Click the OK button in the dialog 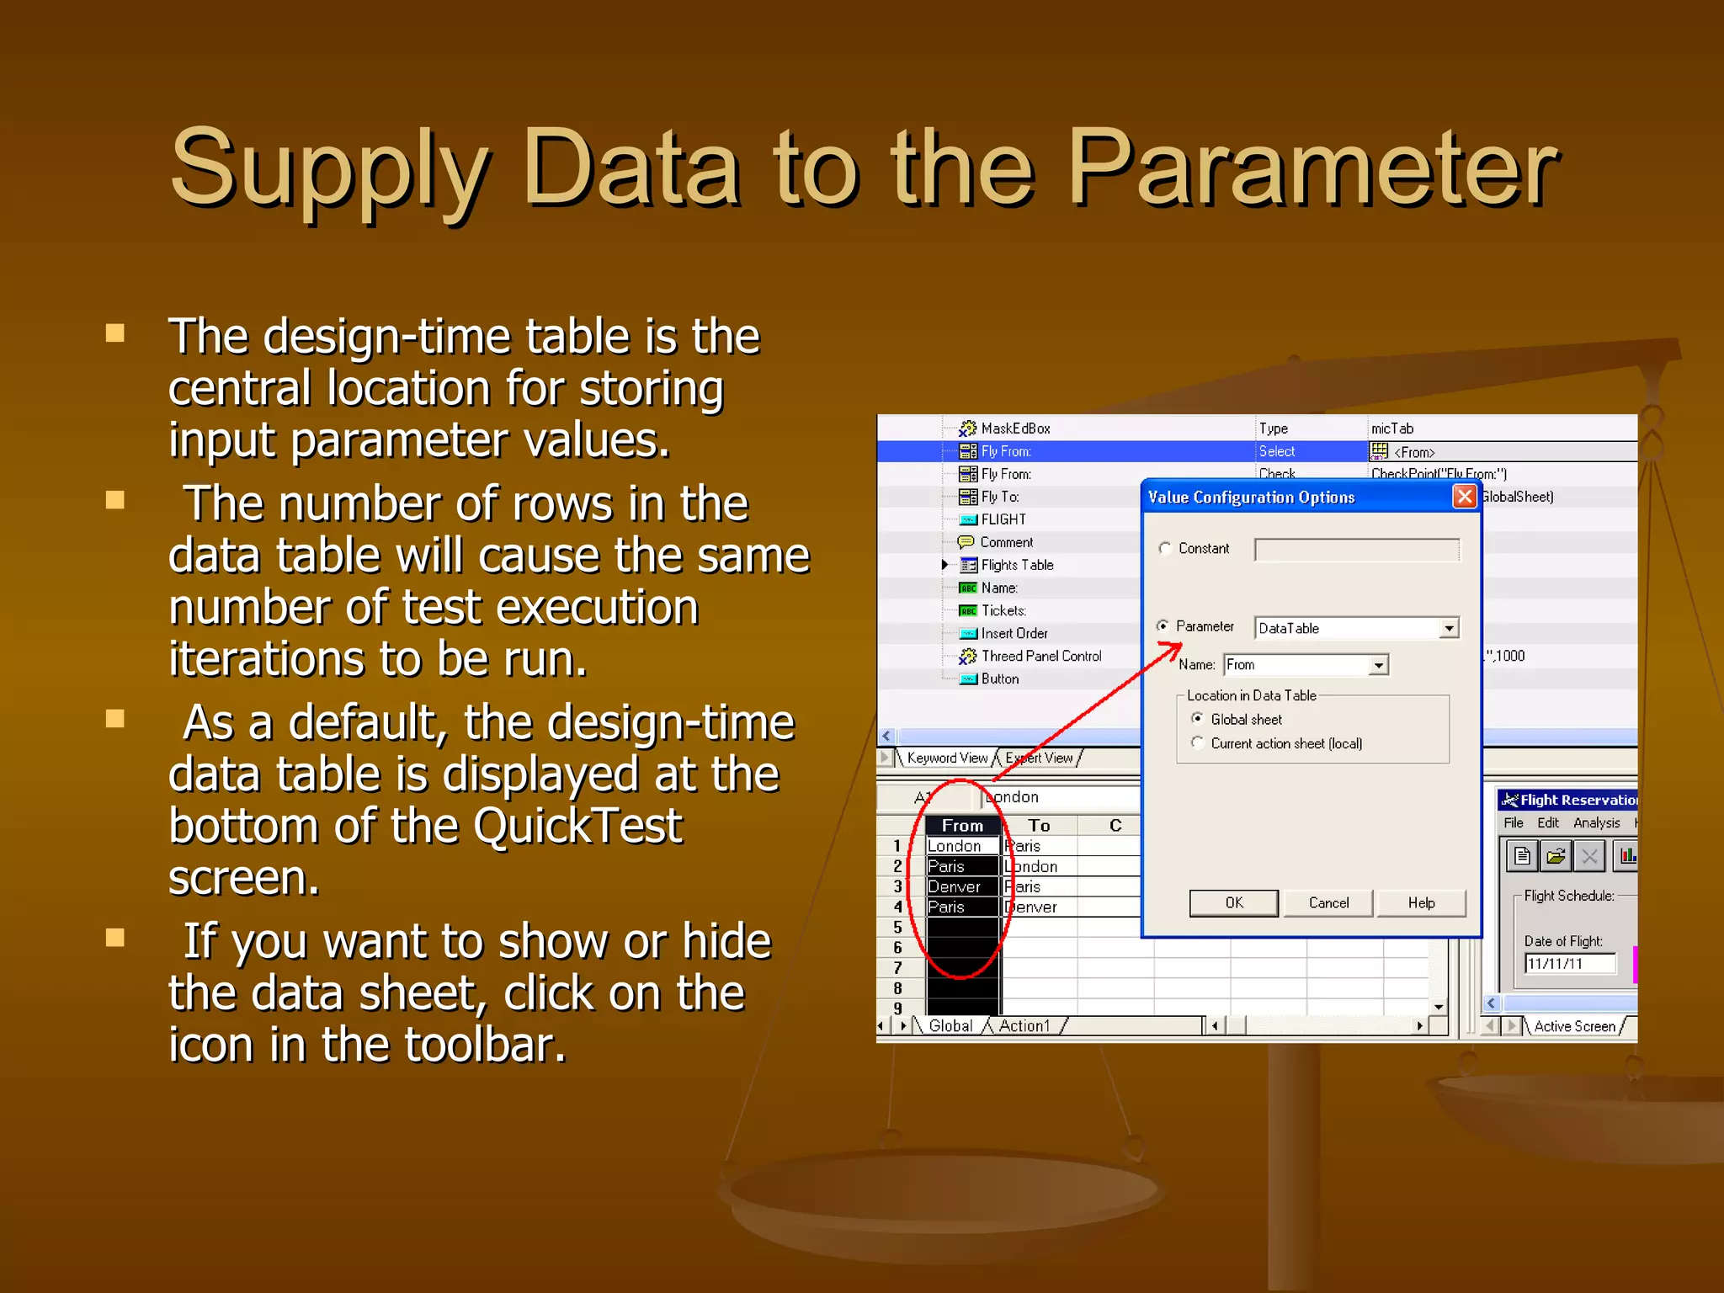[1233, 902]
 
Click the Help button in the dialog [1421, 902]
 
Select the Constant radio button [1165, 549]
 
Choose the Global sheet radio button [1197, 719]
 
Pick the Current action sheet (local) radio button [1197, 742]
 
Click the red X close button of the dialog [1465, 497]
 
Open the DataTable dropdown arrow [1449, 629]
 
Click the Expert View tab [1040, 758]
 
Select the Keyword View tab [947, 758]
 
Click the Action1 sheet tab [1024, 1025]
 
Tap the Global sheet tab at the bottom [950, 1025]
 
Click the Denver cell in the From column [955, 886]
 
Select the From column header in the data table [962, 826]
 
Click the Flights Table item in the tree [1017, 565]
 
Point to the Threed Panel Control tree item [1040, 656]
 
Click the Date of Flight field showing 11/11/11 [1570, 964]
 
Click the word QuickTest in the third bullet [577, 826]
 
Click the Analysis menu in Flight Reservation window [1596, 822]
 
